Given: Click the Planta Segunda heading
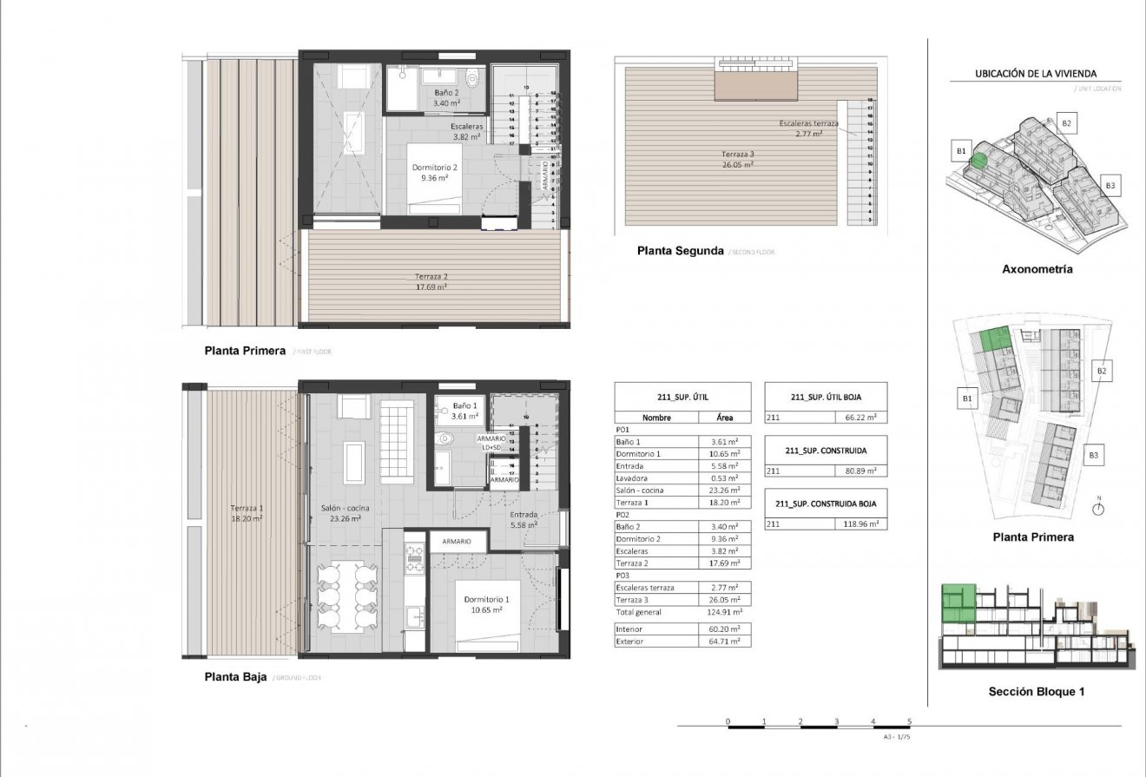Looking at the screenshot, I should point(680,251).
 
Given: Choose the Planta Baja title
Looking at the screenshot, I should point(235,676).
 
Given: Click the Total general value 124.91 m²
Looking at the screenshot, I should point(725,612).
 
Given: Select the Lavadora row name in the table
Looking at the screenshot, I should point(632,478).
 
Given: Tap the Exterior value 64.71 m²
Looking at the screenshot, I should point(725,642).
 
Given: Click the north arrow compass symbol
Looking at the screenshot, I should point(1098,509).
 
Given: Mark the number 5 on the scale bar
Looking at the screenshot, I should point(909,721).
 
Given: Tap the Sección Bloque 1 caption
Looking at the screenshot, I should point(1037,692).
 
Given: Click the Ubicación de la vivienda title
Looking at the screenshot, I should point(1036,75).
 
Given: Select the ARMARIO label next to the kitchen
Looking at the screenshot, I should point(457,541).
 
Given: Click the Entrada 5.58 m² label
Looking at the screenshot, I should point(524,519).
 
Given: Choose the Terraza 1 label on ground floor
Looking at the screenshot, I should point(247,513).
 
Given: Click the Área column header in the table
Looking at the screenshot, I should point(725,417).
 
